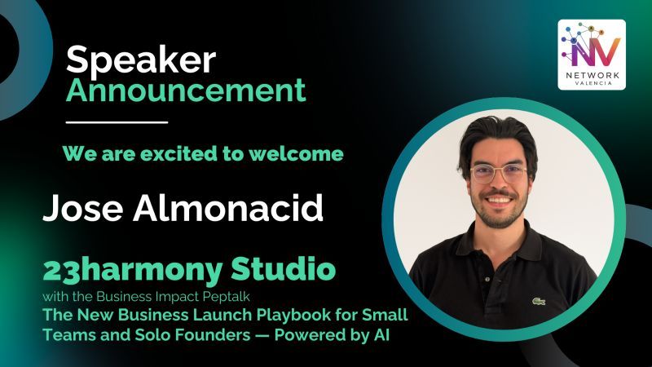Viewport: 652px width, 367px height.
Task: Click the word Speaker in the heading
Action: coord(141,60)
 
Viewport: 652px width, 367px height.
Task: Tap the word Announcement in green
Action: coord(186,91)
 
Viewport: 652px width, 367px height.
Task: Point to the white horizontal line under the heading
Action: coord(117,122)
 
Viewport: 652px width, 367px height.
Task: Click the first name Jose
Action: coord(83,208)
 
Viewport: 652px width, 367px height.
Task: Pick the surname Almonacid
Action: coord(228,207)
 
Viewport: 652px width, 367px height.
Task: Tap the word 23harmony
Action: coord(133,271)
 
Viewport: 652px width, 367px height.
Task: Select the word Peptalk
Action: coord(227,297)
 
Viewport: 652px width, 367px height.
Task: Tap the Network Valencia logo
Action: coord(592,55)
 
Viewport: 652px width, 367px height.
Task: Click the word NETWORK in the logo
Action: coord(593,75)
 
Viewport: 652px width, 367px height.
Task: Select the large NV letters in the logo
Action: coord(596,51)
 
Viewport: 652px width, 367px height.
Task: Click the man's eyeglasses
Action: coord(499,173)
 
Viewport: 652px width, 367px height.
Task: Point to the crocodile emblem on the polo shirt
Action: coord(539,301)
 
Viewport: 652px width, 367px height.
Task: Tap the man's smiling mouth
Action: coord(499,201)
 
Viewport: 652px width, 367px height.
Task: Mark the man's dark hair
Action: coord(497,137)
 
